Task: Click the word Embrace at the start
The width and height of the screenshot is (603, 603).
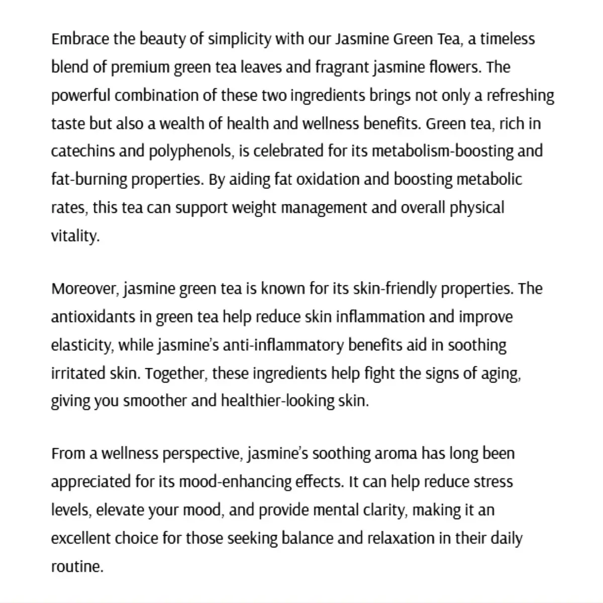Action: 80,39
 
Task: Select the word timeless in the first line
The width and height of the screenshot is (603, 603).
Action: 508,39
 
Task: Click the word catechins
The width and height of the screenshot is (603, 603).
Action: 83,151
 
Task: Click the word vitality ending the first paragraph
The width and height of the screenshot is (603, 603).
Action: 74,236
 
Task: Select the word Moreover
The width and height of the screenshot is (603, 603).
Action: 84,289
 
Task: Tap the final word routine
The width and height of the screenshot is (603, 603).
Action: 76,567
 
